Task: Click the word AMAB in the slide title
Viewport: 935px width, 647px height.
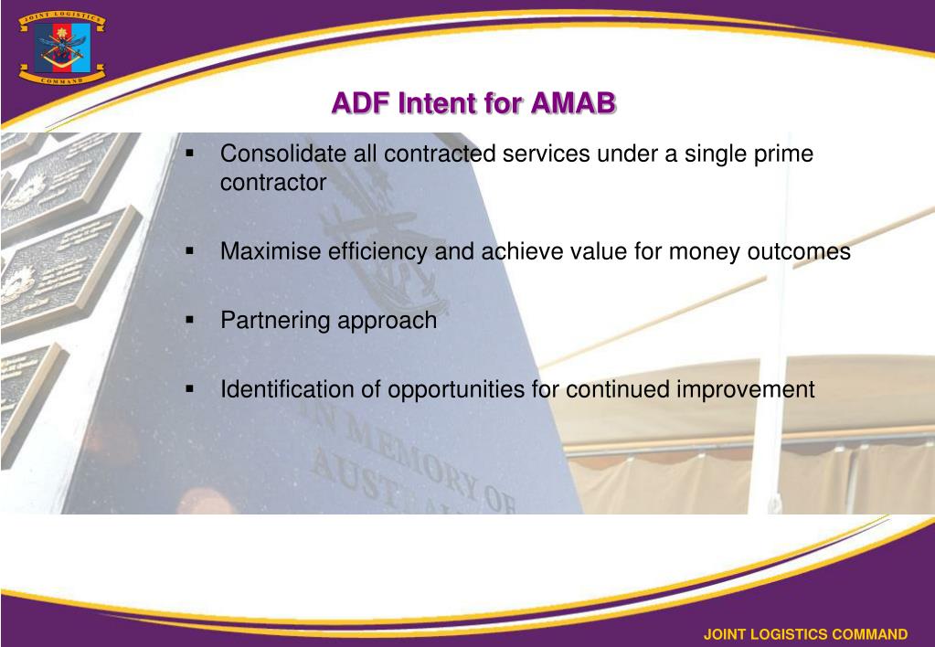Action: pyautogui.click(x=572, y=103)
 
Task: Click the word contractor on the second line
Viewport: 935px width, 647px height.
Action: pyautogui.click(x=272, y=183)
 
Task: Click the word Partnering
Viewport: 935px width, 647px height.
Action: pyautogui.click(x=275, y=322)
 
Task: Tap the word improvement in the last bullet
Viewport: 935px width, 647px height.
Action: pyautogui.click(x=745, y=389)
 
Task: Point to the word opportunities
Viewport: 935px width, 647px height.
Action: pyautogui.click(x=456, y=389)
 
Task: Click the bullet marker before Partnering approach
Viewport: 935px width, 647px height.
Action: pyautogui.click(x=191, y=321)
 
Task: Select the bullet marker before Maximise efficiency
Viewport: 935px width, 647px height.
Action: pyautogui.click(x=191, y=250)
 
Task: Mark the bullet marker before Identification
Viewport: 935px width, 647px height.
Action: pyautogui.click(x=191, y=388)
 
